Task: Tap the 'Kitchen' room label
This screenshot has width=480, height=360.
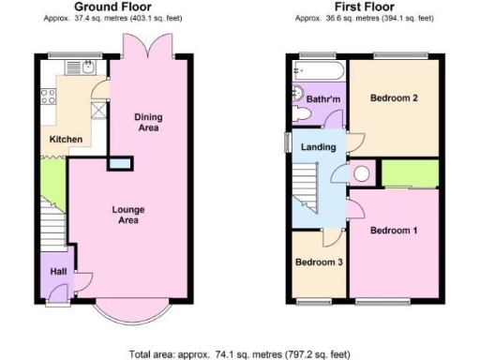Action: coord(66,140)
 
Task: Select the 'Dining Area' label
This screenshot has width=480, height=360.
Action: coord(147,122)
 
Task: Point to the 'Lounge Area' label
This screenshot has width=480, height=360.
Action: coord(128,215)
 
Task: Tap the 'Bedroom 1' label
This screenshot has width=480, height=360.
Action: coord(391,230)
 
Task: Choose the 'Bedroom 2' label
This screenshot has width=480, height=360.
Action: coord(392,97)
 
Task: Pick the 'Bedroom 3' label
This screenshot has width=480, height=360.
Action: coord(318,262)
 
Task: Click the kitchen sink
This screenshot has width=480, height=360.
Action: coord(85,67)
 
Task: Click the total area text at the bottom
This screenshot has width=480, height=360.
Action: coord(240,354)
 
